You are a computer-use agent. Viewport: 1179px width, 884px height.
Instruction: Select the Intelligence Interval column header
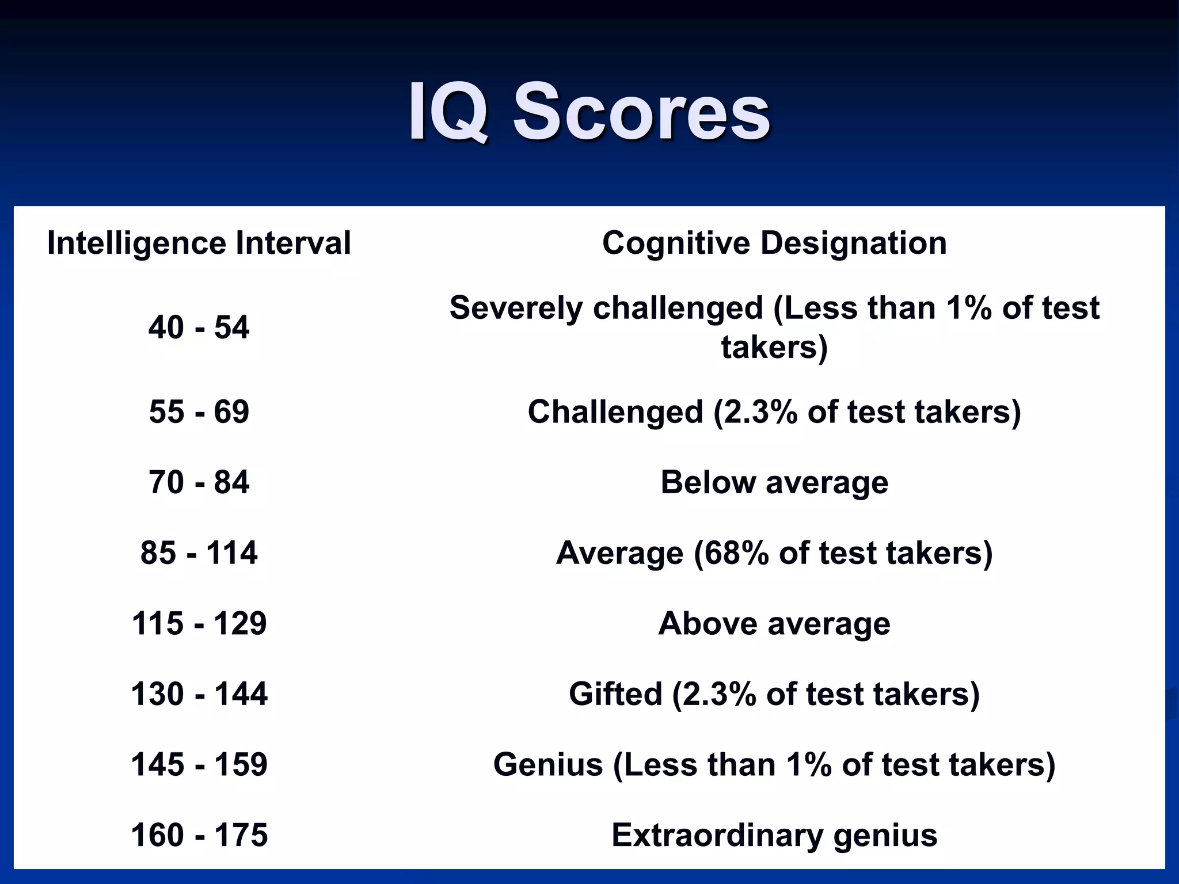pyautogui.click(x=199, y=243)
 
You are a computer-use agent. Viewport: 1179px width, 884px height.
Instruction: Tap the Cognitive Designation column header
pyautogui.click(x=774, y=243)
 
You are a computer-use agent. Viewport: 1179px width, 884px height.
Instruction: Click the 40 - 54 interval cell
pyautogui.click(x=199, y=327)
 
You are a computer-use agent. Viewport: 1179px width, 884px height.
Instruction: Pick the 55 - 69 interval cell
pyautogui.click(x=199, y=412)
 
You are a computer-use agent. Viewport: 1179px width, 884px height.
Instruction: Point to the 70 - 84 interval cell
pyautogui.click(x=199, y=482)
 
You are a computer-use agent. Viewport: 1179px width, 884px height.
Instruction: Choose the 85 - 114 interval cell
pyautogui.click(x=199, y=553)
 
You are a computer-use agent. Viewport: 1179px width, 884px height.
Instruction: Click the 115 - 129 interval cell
pyautogui.click(x=199, y=623)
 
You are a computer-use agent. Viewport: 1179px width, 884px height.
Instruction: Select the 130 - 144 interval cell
pyautogui.click(x=199, y=694)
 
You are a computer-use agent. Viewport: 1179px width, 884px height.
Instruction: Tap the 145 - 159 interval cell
pyautogui.click(x=199, y=765)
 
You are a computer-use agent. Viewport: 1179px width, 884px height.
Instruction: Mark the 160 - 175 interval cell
pyautogui.click(x=199, y=835)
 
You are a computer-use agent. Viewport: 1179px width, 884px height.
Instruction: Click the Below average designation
pyautogui.click(x=774, y=482)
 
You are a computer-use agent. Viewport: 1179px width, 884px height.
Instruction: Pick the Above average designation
pyautogui.click(x=774, y=623)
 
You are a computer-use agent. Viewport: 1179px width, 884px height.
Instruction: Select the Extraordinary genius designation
pyautogui.click(x=774, y=835)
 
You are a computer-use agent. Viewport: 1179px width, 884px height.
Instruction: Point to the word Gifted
pyautogui.click(x=615, y=694)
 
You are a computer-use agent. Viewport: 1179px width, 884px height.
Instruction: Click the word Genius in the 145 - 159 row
pyautogui.click(x=548, y=765)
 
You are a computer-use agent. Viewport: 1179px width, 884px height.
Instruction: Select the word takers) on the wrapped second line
pyautogui.click(x=774, y=347)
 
